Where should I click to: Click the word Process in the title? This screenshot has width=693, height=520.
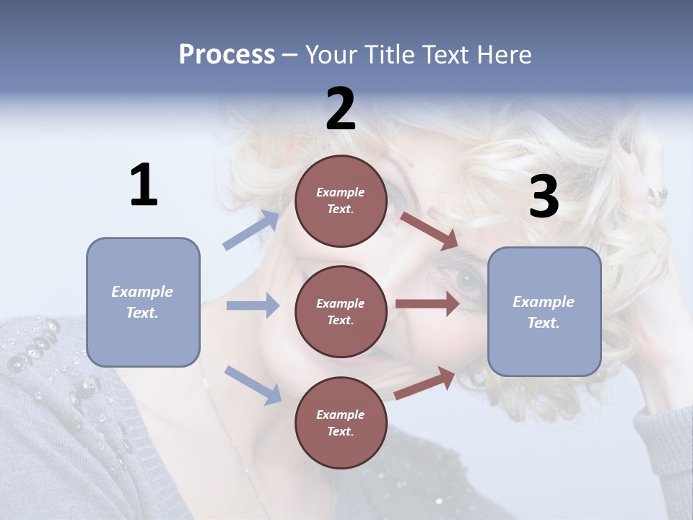tap(227, 55)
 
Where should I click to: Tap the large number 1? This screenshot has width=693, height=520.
tap(144, 186)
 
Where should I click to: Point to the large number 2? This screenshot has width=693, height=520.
tap(341, 109)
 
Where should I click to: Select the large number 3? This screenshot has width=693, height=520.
tap(544, 197)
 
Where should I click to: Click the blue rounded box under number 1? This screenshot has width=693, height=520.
tap(143, 302)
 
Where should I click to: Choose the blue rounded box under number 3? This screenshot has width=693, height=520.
tap(544, 311)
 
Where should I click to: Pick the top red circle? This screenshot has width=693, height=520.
tap(341, 201)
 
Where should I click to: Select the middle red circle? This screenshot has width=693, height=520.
tap(341, 311)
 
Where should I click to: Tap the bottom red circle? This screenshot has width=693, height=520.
tap(341, 422)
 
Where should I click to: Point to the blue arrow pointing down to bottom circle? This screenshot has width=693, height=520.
tap(253, 384)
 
